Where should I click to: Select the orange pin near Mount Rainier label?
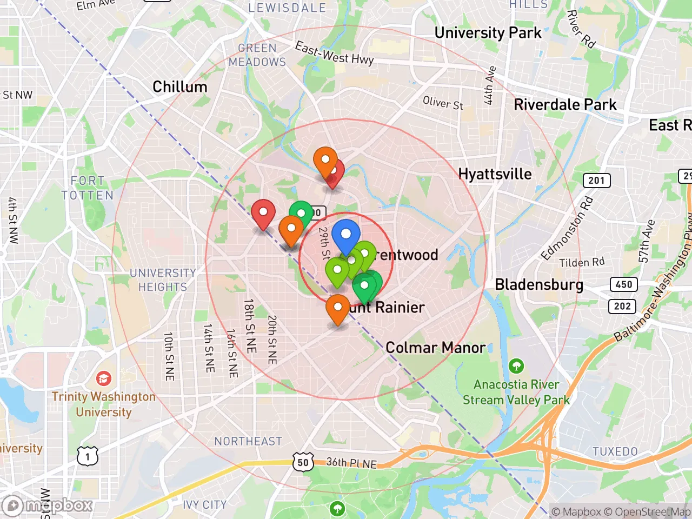tap(338, 308)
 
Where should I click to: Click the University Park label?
tap(488, 33)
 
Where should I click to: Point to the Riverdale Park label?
tap(565, 104)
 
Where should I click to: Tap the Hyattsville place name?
tap(495, 174)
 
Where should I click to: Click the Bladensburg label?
tap(539, 284)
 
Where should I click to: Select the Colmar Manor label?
tap(435, 348)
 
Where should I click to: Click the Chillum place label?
tap(180, 87)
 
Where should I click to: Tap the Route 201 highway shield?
tap(596, 180)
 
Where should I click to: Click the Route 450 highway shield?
tap(623, 284)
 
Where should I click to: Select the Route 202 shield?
tap(622, 306)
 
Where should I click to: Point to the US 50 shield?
tap(303, 462)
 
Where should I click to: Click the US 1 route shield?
tap(88, 457)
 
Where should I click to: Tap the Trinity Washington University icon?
tap(103, 378)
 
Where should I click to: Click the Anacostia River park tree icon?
tap(516, 366)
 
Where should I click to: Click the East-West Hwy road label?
tap(334, 54)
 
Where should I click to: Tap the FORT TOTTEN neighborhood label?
tap(88, 188)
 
